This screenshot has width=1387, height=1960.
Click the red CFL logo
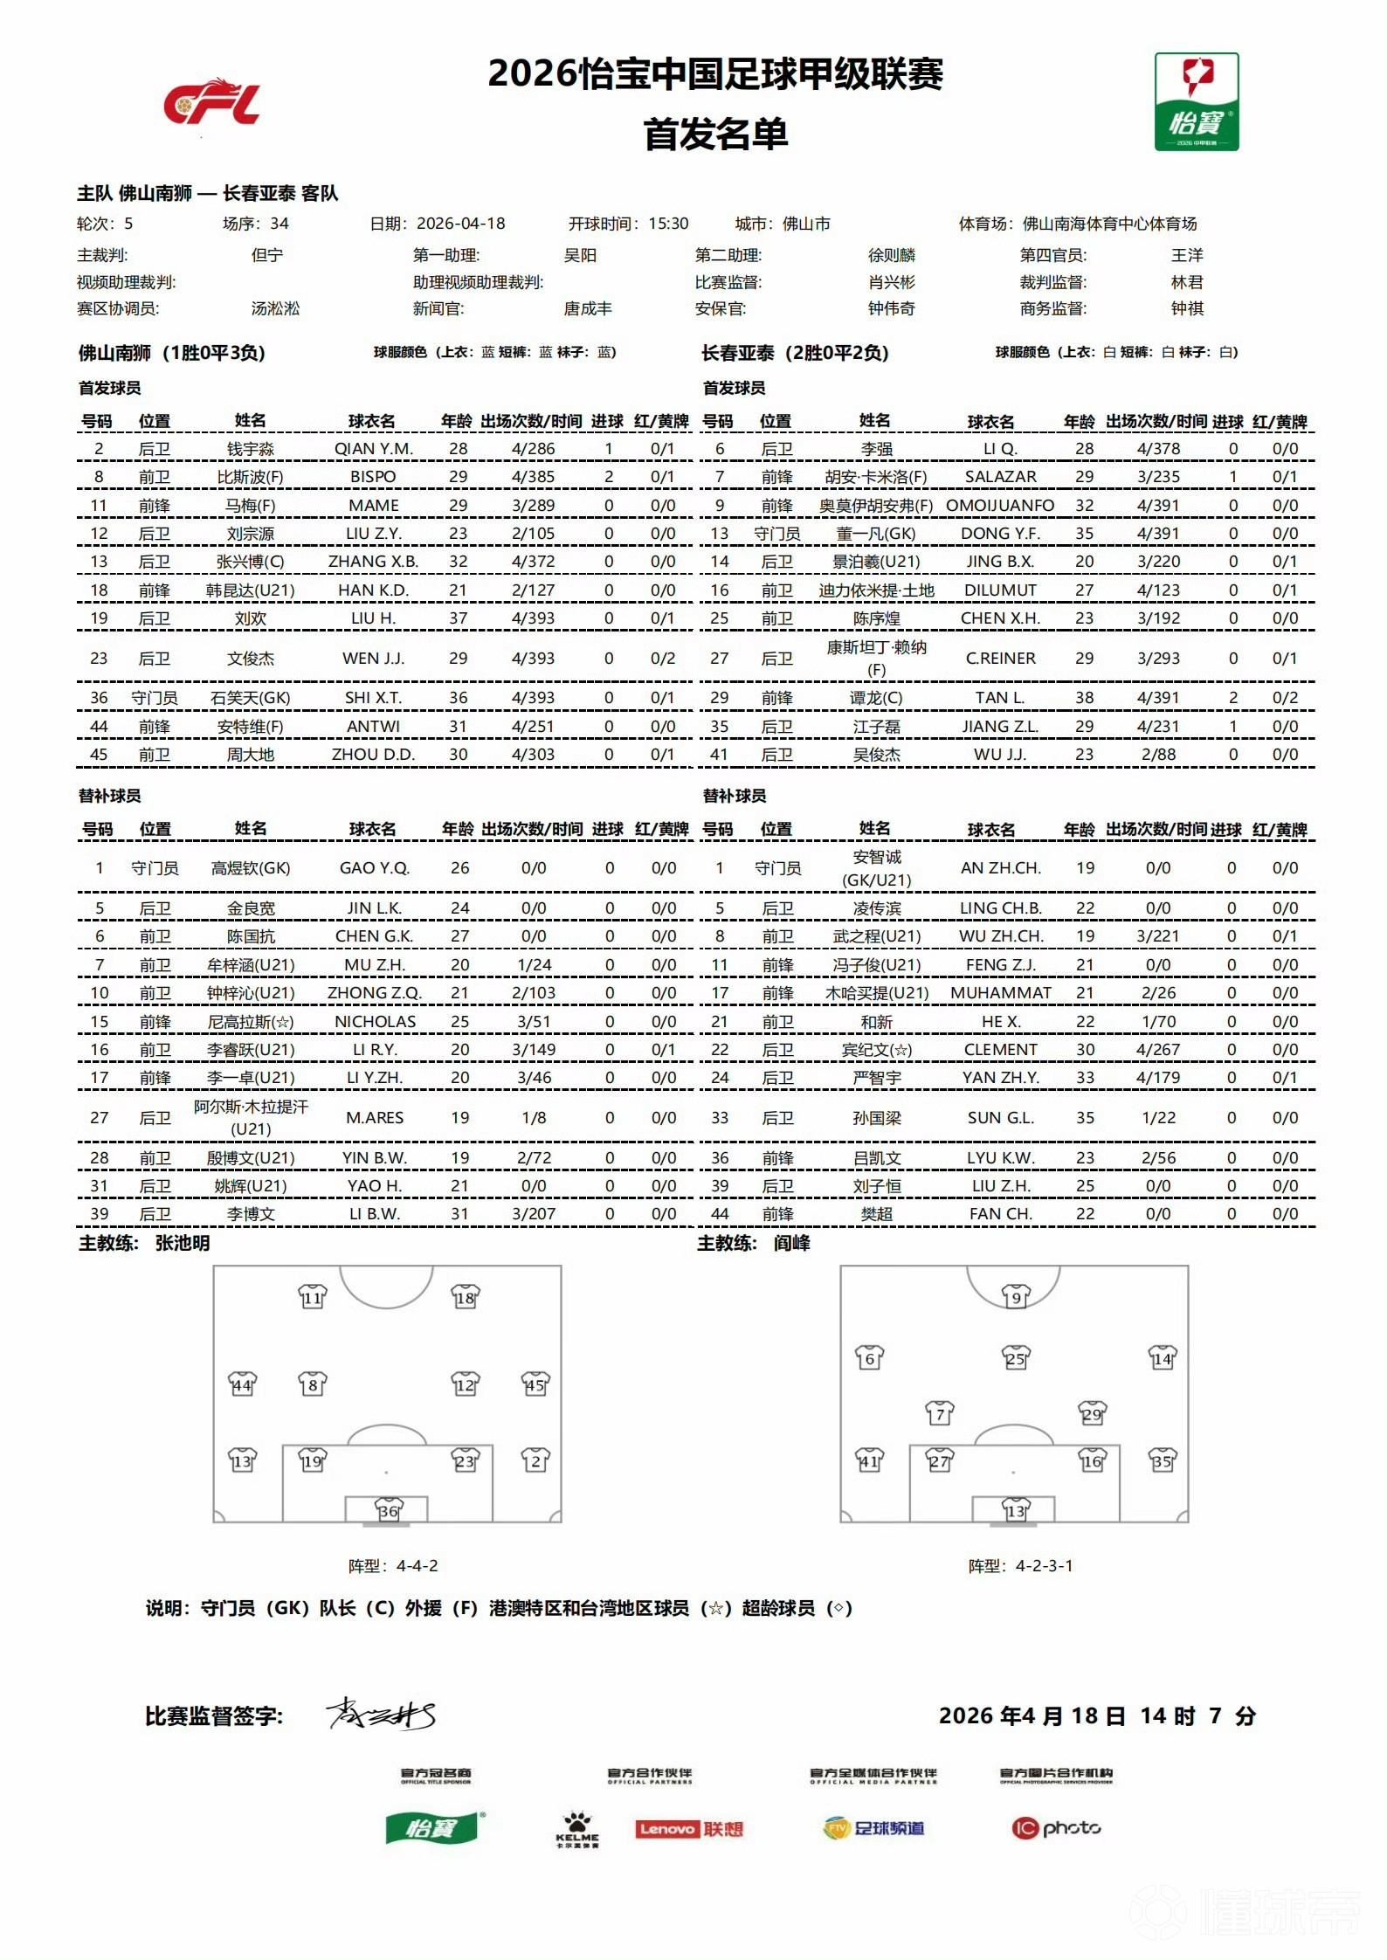click(212, 102)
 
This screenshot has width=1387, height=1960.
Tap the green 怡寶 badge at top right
click(1196, 101)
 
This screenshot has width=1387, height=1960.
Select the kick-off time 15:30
click(668, 224)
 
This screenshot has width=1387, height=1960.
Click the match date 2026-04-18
click(461, 224)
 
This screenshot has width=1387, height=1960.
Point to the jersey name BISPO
click(373, 477)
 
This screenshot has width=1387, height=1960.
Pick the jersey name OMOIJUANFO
click(1000, 506)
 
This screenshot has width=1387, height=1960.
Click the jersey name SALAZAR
click(1000, 477)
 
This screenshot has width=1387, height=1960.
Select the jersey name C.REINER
click(1000, 659)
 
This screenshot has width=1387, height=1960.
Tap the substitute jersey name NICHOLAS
click(375, 1022)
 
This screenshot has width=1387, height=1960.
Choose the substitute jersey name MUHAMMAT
click(1000, 993)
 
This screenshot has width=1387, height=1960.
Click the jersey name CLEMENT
click(1000, 1050)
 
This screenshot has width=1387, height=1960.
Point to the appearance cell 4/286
click(533, 449)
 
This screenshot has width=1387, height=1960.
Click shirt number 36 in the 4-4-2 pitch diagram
click(387, 1510)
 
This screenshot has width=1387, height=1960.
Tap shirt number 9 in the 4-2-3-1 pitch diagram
click(1015, 1297)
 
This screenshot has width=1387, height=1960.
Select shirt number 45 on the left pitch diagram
click(535, 1384)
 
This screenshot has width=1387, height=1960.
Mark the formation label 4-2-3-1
click(1044, 1566)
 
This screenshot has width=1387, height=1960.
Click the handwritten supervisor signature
click(381, 1715)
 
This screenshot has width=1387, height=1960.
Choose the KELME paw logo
click(577, 1827)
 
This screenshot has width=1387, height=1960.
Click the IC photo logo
click(1056, 1828)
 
